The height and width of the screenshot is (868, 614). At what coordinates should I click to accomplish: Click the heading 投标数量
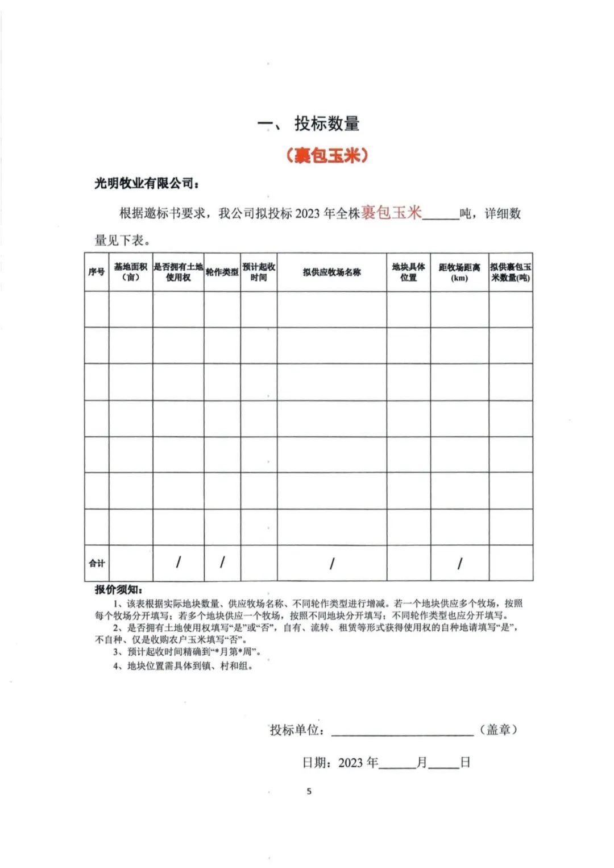click(x=326, y=124)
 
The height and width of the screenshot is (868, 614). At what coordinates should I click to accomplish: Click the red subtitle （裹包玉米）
click(x=326, y=155)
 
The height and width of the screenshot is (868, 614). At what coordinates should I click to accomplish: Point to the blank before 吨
click(x=441, y=215)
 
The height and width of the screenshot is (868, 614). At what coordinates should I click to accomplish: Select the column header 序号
click(x=97, y=272)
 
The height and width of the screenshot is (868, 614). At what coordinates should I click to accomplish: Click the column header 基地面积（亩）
click(x=131, y=272)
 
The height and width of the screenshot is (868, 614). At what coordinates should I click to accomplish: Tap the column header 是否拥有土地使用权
click(x=178, y=272)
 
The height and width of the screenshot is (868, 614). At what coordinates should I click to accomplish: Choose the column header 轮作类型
click(x=222, y=272)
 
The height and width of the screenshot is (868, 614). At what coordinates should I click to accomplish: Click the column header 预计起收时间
click(x=259, y=272)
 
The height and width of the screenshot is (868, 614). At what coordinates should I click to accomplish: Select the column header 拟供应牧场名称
click(x=331, y=272)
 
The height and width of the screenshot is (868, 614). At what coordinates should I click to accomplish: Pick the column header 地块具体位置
click(x=408, y=272)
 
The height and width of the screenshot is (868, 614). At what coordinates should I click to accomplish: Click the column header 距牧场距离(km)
click(x=459, y=272)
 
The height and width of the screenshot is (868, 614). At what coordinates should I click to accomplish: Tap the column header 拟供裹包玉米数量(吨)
click(x=511, y=272)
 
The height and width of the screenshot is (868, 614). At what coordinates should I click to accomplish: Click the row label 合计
click(x=97, y=563)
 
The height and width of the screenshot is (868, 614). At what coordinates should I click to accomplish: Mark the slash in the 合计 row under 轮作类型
click(x=222, y=563)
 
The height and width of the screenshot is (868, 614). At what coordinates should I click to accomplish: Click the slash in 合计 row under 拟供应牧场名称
click(x=331, y=563)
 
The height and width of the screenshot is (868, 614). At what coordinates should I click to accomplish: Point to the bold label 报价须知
click(x=119, y=589)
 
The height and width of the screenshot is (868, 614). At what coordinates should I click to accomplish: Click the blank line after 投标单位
click(x=402, y=730)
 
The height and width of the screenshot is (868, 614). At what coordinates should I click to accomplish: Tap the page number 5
click(x=309, y=791)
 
